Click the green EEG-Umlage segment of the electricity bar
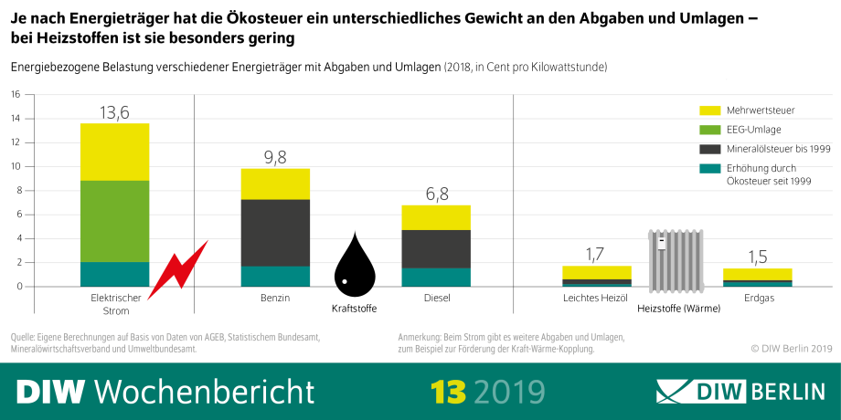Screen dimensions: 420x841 pyautogui.click(x=114, y=221)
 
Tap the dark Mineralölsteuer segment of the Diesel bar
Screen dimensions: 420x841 pyautogui.click(x=436, y=248)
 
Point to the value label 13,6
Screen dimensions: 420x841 pyautogui.click(x=114, y=112)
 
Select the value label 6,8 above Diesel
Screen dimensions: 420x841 pyautogui.click(x=436, y=194)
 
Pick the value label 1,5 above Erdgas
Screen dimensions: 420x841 pyautogui.click(x=757, y=257)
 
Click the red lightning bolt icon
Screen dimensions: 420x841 pyautogui.click(x=177, y=270)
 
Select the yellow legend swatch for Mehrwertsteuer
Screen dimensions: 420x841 pyautogui.click(x=710, y=110)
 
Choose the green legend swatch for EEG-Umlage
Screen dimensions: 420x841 pyautogui.click(x=710, y=130)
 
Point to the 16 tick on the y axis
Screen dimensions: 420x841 pyautogui.click(x=14, y=94)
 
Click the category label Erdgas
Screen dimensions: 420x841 pyautogui.click(x=757, y=298)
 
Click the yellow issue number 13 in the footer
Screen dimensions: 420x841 pyautogui.click(x=448, y=391)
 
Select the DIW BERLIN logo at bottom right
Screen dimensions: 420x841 pyautogui.click(x=740, y=391)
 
